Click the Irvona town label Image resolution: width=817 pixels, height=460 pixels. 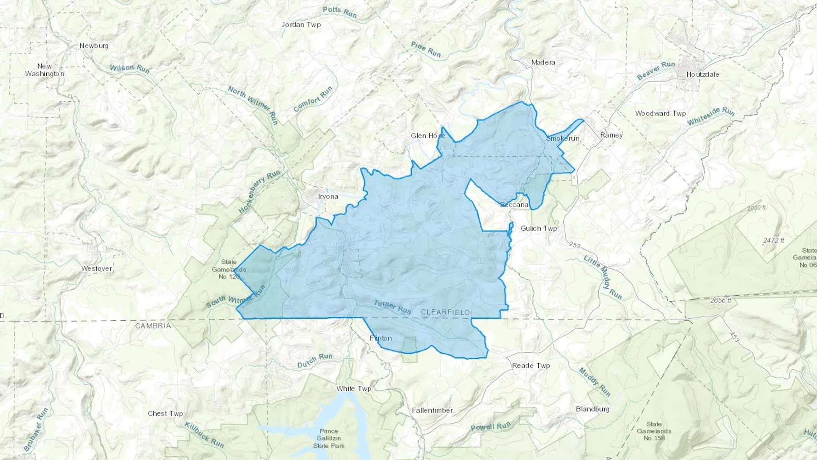[x=328, y=197]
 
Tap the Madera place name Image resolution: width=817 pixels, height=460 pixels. [x=543, y=62]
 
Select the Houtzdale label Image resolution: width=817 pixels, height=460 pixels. [x=702, y=74]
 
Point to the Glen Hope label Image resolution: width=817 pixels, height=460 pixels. [x=428, y=136]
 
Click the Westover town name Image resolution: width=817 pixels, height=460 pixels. [x=96, y=268]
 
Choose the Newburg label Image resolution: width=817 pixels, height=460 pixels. [x=94, y=46]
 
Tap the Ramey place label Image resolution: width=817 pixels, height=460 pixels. [x=611, y=135]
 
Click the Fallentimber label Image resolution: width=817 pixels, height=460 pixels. [x=432, y=411]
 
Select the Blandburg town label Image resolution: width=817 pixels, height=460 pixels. [x=592, y=409]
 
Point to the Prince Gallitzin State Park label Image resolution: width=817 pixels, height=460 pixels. [x=329, y=439]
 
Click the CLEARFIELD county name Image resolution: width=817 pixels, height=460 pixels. [x=445, y=312]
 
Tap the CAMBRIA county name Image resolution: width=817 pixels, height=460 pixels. [x=153, y=326]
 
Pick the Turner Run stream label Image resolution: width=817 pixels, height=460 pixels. [x=392, y=307]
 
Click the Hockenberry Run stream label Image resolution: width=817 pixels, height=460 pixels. [x=259, y=192]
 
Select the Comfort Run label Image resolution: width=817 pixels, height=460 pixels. [x=313, y=99]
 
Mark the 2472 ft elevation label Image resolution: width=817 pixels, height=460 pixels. [x=773, y=240]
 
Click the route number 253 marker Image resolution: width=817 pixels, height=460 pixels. [x=575, y=245]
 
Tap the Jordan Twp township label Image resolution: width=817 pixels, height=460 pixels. [x=301, y=25]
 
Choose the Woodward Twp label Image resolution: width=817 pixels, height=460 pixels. [x=660, y=114]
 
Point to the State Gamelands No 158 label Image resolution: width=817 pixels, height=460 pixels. [x=654, y=431]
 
